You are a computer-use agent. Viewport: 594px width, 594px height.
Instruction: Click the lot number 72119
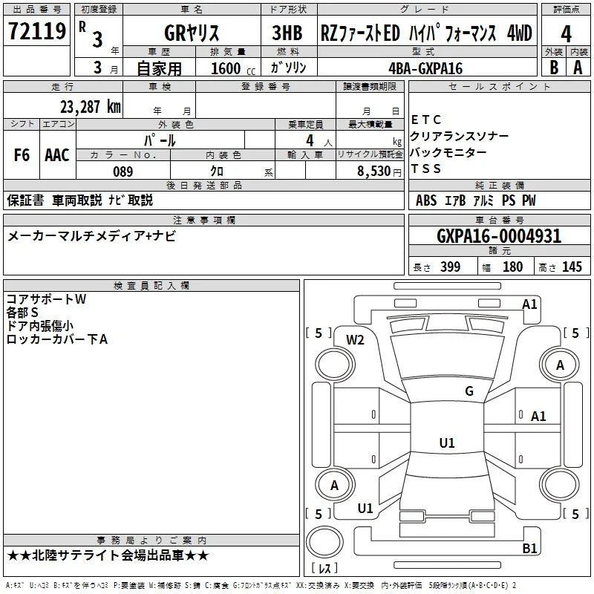36,31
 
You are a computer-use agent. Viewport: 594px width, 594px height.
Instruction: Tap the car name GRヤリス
192,33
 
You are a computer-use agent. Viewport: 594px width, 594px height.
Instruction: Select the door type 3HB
287,33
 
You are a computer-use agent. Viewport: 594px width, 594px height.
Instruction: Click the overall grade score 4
566,34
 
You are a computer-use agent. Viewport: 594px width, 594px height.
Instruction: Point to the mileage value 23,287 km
91,107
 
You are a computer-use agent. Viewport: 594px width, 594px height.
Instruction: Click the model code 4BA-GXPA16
425,68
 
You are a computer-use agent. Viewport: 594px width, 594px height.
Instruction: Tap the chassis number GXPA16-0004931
499,236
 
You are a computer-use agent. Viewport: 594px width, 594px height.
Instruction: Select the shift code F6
22,155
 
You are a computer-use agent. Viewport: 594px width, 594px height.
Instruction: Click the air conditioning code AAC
57,155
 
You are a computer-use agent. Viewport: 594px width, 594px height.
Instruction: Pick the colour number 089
123,172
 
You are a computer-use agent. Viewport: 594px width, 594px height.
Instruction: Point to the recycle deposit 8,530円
379,172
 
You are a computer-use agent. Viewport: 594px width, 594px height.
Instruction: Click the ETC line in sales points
425,120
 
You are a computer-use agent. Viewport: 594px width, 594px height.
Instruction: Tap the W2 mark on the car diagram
355,340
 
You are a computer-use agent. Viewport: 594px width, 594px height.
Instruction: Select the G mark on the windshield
469,391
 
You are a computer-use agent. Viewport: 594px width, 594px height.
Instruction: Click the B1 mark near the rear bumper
529,548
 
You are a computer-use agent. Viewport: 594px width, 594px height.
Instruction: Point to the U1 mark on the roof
447,443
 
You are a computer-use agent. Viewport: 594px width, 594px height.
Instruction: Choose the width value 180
512,267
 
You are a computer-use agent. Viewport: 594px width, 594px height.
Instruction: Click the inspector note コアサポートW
46,299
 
